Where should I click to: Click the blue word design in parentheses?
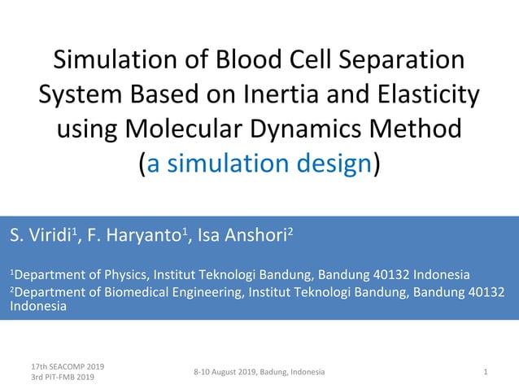[330, 164]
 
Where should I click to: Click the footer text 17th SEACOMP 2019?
[67, 366]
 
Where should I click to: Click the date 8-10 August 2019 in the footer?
[227, 372]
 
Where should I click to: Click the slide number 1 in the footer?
[485, 372]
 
